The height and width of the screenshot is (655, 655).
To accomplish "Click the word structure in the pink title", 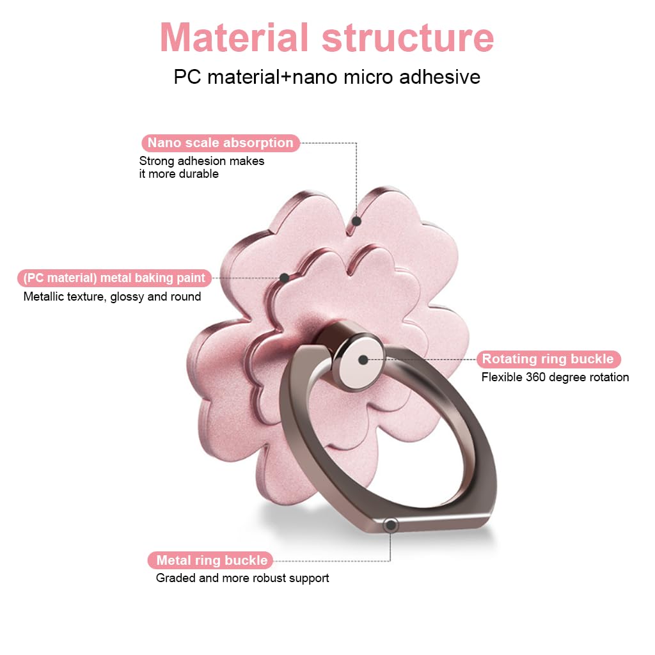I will pyautogui.click(x=408, y=38).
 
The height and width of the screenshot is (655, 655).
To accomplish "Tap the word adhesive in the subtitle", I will pyautogui.click(x=439, y=77).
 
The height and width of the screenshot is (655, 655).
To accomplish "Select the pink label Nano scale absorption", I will pyautogui.click(x=220, y=143).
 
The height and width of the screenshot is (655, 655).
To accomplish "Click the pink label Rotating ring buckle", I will pyautogui.click(x=548, y=359).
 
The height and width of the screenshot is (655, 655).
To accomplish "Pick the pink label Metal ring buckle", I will pyautogui.click(x=212, y=560).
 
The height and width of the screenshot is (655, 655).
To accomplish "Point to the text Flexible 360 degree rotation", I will pyautogui.click(x=555, y=377).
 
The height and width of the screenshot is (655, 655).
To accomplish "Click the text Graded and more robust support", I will pyautogui.click(x=242, y=578).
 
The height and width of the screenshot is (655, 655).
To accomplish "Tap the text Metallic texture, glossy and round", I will pyautogui.click(x=112, y=296).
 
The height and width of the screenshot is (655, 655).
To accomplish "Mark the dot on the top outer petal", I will pyautogui.click(x=357, y=221).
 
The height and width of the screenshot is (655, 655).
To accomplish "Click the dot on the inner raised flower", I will pyautogui.click(x=284, y=278).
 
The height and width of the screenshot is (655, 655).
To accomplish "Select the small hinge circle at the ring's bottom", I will pyautogui.click(x=390, y=525).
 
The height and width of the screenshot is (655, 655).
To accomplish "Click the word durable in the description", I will pyautogui.click(x=198, y=173).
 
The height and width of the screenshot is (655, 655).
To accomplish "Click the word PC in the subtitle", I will pyautogui.click(x=186, y=77).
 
